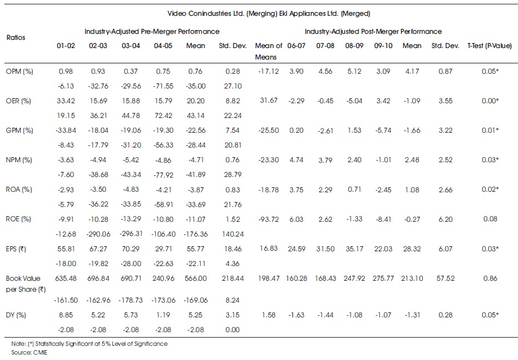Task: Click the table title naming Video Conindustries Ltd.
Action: pos(269,14)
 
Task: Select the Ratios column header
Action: pos(16,37)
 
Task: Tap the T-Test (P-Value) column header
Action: pos(490,46)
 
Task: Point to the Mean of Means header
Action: pos(269,51)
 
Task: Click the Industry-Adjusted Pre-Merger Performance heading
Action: pos(152,32)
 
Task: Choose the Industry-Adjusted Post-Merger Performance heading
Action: pos(373,32)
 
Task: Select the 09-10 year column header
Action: pos(383,46)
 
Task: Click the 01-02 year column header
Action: pos(66,46)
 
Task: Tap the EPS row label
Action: pos(16,249)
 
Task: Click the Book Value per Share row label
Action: pos(26,284)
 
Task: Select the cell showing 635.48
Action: pos(66,279)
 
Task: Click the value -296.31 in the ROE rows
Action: pos(131,234)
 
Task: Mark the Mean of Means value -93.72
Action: pos(269,219)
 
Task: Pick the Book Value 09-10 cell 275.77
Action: pos(383,279)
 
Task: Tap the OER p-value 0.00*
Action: pos(490,101)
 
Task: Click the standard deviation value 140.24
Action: pos(233,234)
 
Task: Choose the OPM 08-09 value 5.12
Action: pos(354,72)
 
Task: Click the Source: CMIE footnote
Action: pos(29,352)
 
